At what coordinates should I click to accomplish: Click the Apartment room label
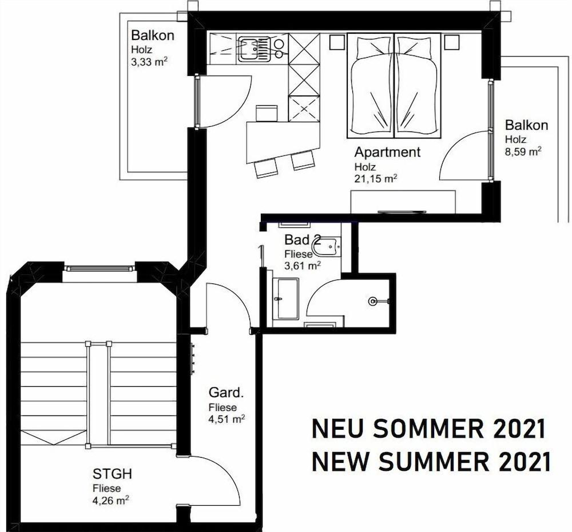pos(387,151)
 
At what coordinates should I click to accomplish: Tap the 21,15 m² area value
pos(376,178)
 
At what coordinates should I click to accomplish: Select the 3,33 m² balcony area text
pos(149,62)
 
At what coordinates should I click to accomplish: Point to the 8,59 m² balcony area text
pos(523,151)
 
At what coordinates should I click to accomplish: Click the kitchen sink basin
pos(248,49)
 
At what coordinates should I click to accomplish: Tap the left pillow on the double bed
pos(374,48)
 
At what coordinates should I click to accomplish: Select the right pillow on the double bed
pos(415,48)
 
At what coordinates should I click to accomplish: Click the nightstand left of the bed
pos(337,42)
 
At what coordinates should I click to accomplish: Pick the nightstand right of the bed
pos(451,42)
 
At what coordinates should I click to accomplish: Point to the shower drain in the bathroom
pos(372,301)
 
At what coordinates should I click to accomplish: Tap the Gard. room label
pos(226,393)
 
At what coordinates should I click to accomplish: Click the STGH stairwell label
pos(112,474)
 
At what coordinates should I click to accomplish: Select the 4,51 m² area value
pos(227,419)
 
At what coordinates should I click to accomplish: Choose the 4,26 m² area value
pos(111,500)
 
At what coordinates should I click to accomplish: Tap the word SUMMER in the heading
pos(433,462)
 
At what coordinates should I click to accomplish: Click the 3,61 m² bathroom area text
pos(303,266)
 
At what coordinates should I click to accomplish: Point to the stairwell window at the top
pos(99,269)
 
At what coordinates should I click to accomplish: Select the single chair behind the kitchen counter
pos(267,113)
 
